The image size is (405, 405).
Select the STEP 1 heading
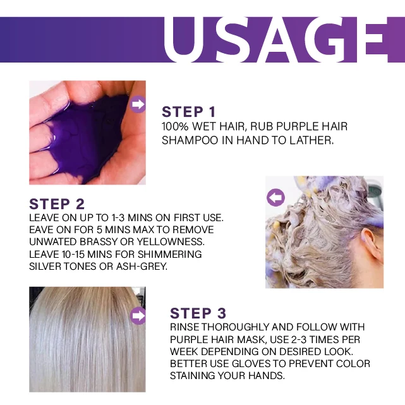[193, 112]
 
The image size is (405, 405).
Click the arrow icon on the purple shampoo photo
[138, 104]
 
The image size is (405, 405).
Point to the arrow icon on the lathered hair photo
[275, 198]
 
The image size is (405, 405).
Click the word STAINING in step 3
[195, 377]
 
